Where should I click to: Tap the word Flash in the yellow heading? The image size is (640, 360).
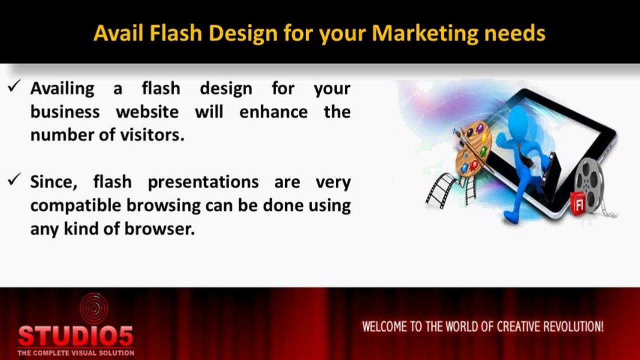pyautogui.click(x=176, y=33)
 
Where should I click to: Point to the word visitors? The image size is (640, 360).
pyautogui.click(x=152, y=135)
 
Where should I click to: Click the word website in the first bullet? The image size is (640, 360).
pyautogui.click(x=148, y=111)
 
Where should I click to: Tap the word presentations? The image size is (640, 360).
pyautogui.click(x=204, y=182)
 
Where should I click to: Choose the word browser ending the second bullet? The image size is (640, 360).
pyautogui.click(x=160, y=228)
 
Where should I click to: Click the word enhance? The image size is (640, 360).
pyautogui.click(x=273, y=111)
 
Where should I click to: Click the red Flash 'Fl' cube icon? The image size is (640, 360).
pyautogui.click(x=577, y=203)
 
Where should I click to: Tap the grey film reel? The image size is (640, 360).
pyautogui.click(x=589, y=185)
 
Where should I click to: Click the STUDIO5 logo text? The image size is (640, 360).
pyautogui.click(x=76, y=336)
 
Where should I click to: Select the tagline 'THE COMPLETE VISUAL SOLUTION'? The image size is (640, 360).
pyautogui.click(x=76, y=353)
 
